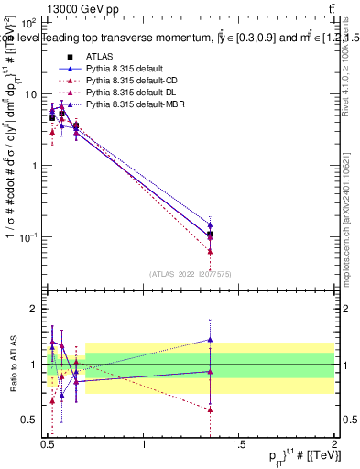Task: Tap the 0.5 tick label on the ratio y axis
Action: click(x=29, y=420)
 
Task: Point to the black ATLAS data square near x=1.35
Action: click(x=211, y=234)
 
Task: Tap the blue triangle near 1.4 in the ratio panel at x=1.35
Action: click(x=211, y=340)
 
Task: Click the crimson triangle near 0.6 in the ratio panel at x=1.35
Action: click(x=211, y=409)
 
